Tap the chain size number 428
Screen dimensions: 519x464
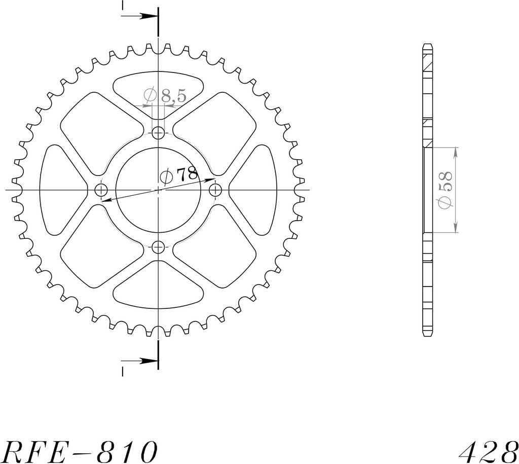489,452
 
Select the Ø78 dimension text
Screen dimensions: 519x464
179,175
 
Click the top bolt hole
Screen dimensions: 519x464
158,134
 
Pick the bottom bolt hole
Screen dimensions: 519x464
158,247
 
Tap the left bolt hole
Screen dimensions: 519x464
101,191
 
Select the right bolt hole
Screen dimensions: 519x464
215,191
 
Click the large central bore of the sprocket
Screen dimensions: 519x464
158,191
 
